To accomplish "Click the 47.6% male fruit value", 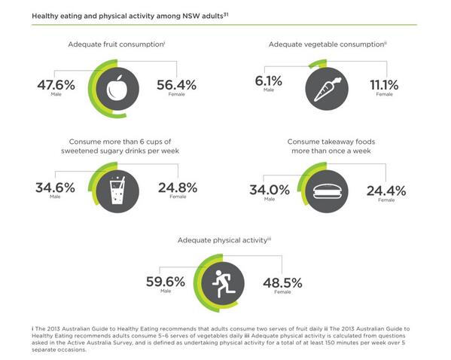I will click(x=56, y=85).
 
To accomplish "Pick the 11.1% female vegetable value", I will click(x=384, y=85).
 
